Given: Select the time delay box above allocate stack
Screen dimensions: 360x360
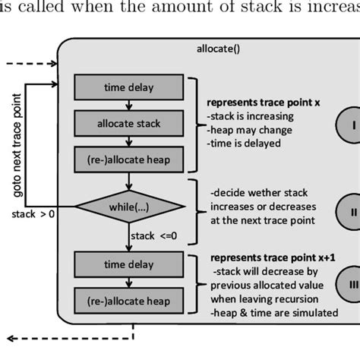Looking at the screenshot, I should (128, 87).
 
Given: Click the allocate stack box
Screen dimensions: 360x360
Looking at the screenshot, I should (128, 123).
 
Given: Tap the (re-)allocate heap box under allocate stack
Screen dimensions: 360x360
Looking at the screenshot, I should (128, 159).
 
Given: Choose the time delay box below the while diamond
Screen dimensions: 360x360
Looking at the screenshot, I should (128, 264).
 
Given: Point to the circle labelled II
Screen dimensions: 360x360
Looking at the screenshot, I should (343, 212).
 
